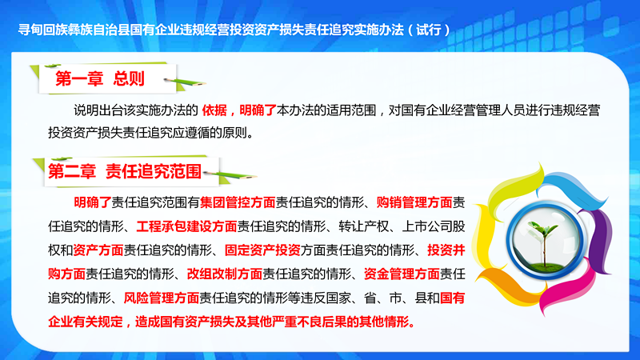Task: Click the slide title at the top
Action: coord(234,30)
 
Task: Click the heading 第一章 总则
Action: coord(100,78)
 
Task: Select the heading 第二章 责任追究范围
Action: coord(125,171)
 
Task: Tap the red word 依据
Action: coord(214,110)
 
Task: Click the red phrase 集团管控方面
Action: coord(238,202)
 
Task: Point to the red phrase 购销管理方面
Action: coord(414,202)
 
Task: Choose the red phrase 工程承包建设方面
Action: coord(186,226)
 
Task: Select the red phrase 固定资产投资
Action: coord(262,250)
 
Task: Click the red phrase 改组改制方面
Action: coord(225,274)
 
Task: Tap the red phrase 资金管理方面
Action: coord(402,274)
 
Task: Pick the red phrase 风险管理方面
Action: coord(162,298)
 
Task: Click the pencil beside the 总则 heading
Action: coord(185,82)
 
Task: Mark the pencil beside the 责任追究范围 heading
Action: coord(230,175)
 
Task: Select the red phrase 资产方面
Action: coord(98,250)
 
